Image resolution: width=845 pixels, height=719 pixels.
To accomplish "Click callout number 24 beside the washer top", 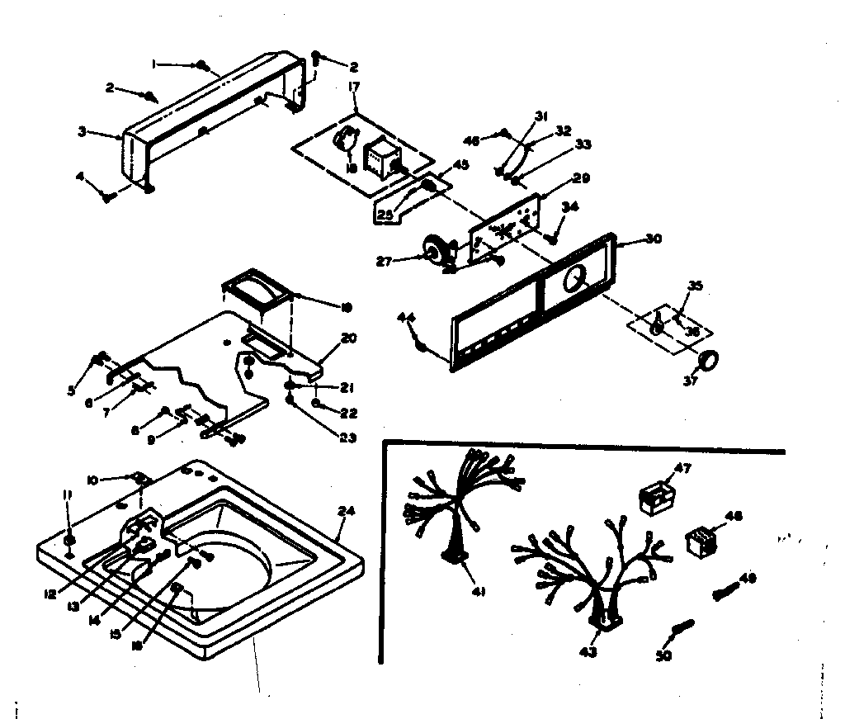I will [x=346, y=511].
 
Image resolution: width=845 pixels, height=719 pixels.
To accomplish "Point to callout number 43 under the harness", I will [x=588, y=652].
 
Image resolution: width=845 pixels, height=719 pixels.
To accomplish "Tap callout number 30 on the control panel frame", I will [x=653, y=240].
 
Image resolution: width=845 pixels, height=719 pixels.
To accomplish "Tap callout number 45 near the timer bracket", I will [x=461, y=164].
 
